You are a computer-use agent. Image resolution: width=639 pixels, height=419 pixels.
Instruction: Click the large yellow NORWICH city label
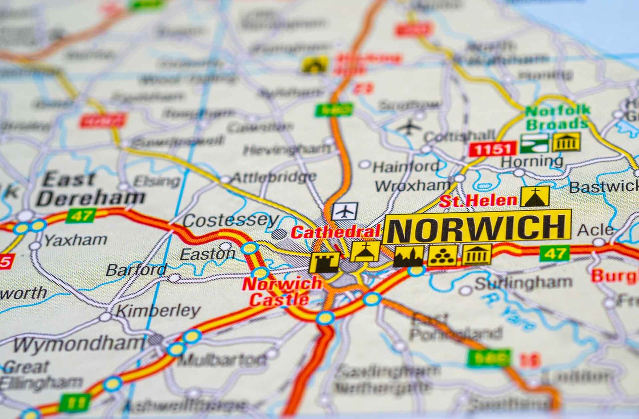(x=477, y=227)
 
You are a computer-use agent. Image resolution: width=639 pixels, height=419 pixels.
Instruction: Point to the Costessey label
(x=230, y=220)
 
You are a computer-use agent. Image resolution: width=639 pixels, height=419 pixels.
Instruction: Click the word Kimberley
(x=158, y=310)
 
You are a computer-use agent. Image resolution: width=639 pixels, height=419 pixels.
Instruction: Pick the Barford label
(x=136, y=270)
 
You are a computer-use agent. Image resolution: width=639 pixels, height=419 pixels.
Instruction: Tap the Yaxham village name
(x=75, y=240)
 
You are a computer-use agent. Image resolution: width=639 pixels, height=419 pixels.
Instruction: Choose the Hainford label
(x=405, y=166)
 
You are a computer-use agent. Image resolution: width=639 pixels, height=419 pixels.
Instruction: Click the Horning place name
(x=532, y=162)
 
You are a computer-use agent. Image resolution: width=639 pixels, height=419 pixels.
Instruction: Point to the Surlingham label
(x=523, y=283)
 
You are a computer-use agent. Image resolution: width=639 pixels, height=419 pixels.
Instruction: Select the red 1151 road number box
(x=492, y=149)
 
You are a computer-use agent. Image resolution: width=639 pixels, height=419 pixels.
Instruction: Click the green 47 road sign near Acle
(x=555, y=253)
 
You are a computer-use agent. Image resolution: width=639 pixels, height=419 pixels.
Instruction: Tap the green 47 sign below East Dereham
(x=81, y=216)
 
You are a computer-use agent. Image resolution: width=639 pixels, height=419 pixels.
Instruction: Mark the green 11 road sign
(x=74, y=403)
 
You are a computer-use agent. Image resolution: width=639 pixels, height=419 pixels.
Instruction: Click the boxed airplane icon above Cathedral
(x=344, y=211)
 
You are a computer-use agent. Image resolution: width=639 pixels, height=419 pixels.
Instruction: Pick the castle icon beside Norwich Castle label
(x=324, y=262)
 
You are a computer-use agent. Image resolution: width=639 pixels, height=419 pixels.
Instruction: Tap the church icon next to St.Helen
(x=535, y=196)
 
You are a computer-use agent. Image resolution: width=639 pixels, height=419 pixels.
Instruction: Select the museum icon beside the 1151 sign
(x=566, y=142)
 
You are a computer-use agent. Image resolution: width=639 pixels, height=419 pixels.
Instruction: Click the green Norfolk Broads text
(x=557, y=117)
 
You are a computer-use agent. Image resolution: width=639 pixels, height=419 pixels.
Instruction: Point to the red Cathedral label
(x=335, y=232)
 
